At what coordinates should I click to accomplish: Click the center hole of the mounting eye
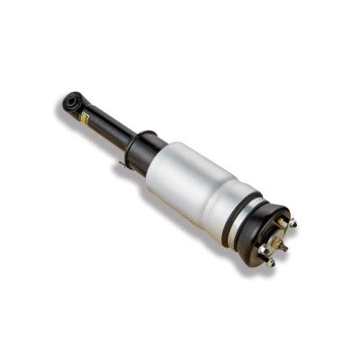click(71, 102)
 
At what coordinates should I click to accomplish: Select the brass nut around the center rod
click(276, 238)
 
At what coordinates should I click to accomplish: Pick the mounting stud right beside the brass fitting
click(292, 222)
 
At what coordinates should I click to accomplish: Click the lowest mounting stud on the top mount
click(271, 262)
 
